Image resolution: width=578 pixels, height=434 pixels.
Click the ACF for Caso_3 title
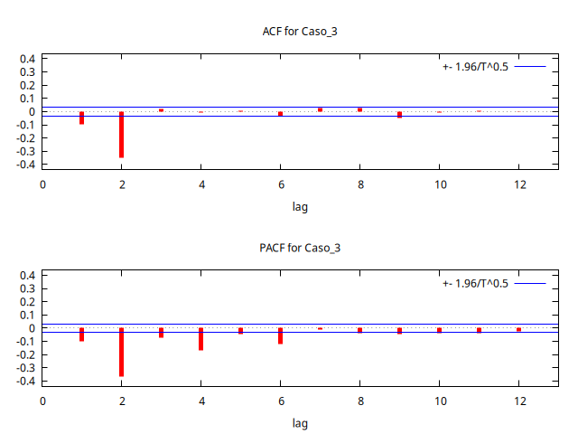[x=300, y=32]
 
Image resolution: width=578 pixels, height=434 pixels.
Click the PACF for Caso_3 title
[x=300, y=248]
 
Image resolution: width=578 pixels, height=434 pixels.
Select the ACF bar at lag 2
[x=121, y=135]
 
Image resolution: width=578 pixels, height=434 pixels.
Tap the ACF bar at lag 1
[x=81, y=118]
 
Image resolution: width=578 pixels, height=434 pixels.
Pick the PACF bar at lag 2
[x=121, y=352]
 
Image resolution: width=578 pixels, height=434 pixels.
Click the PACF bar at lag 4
[x=200, y=339]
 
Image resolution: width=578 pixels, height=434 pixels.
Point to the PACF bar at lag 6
[x=280, y=335]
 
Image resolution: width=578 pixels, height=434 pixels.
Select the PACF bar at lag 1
[x=81, y=335]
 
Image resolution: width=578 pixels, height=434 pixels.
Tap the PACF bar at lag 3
[x=161, y=333]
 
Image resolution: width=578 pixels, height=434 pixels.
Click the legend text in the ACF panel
[x=475, y=67]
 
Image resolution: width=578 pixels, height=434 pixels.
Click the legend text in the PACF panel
[x=475, y=283]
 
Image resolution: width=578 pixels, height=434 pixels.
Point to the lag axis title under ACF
[x=300, y=207]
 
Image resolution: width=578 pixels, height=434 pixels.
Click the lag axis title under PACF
[x=300, y=423]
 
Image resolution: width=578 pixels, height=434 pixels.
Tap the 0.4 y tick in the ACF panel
[x=28, y=59]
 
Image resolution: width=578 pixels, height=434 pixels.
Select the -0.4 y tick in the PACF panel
[x=25, y=382]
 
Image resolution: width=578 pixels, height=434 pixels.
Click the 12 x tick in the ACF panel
[x=518, y=184]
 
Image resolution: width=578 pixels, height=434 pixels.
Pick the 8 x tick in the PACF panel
[x=359, y=401]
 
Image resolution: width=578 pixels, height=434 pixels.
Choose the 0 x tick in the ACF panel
[x=42, y=184]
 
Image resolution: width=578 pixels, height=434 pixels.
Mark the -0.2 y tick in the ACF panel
[x=25, y=138]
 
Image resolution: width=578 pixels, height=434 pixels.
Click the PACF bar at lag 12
[x=518, y=330]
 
